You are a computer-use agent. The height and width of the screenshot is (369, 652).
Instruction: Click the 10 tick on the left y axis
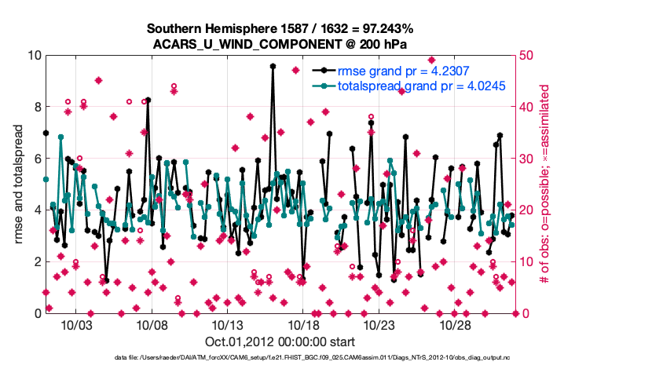[32, 56]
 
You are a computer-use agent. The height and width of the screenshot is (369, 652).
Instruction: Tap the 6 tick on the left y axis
[35, 159]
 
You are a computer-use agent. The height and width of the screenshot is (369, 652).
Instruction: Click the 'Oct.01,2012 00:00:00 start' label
[280, 342]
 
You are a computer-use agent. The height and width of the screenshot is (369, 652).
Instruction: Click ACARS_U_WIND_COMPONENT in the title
[241, 44]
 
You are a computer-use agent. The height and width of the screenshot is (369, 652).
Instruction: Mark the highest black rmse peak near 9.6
[273, 67]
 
